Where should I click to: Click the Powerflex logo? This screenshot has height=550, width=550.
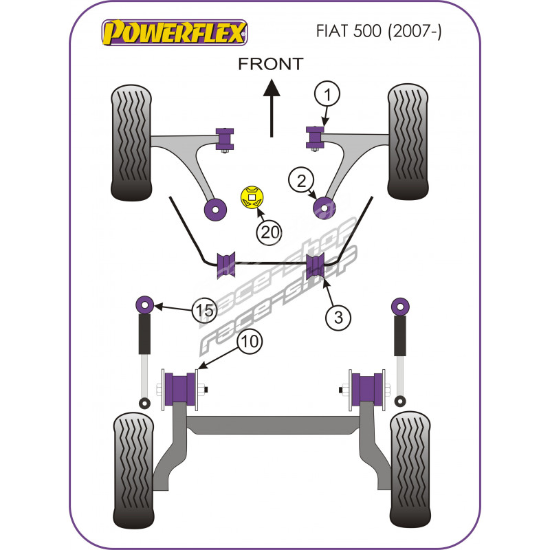pos(173,32)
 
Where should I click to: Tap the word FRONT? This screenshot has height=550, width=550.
pos(270,64)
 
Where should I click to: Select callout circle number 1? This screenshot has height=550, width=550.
pos(327,93)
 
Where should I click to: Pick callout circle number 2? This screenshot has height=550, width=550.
pos(301,181)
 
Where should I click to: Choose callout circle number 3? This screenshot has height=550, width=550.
pos(338,317)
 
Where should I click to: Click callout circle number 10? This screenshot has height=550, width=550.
pos(252,341)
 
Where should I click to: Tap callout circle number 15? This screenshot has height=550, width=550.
pos(203,311)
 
